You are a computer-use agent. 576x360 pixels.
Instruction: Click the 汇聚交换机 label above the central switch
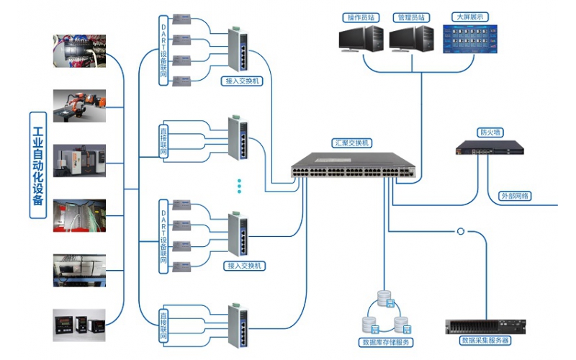(351, 143)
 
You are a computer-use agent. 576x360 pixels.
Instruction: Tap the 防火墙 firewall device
(490, 149)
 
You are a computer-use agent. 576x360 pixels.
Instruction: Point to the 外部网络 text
(515, 195)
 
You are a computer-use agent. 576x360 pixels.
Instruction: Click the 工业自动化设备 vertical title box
(38, 165)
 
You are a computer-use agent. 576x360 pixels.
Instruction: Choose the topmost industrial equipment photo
(79, 50)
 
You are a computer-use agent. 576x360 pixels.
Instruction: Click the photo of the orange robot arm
(79, 106)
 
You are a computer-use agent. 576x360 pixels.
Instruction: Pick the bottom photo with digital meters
(79, 325)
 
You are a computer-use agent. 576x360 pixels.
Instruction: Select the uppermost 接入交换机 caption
(243, 81)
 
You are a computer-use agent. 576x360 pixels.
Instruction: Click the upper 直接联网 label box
(163, 142)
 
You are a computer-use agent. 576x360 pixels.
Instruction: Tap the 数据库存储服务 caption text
(387, 343)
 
